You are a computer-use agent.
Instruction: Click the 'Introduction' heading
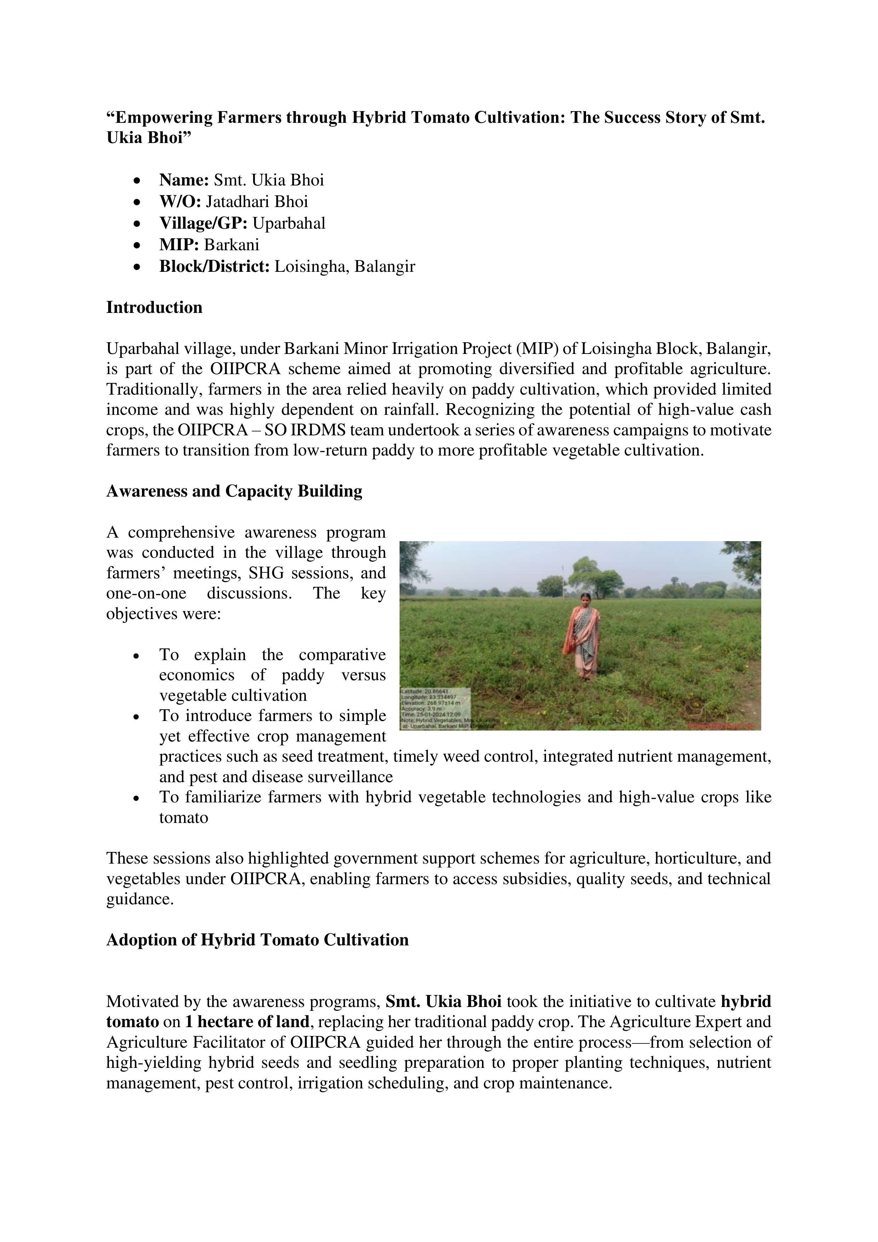click(x=154, y=307)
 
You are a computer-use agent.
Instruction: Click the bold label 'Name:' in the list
click(x=184, y=180)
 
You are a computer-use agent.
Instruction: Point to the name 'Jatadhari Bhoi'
click(x=257, y=202)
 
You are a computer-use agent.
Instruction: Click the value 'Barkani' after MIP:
click(x=231, y=245)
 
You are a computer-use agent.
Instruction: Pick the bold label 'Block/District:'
click(x=214, y=267)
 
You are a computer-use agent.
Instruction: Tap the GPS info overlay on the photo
click(x=436, y=708)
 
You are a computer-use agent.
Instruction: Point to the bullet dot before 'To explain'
click(x=138, y=656)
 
